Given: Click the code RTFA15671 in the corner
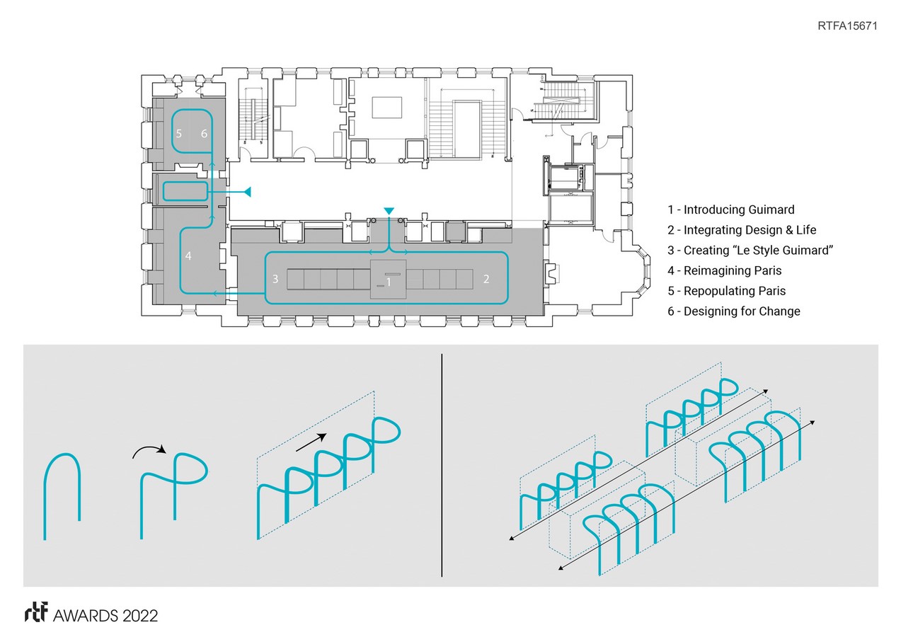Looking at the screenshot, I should pos(847,26).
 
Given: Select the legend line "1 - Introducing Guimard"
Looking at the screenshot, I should pos(730,210).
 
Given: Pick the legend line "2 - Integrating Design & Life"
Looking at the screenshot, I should pos(741,230).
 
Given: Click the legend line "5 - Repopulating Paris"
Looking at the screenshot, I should pos(726,291).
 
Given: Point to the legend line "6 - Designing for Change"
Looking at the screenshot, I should pos(733,311).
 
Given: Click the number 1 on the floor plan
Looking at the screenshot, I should pos(389,282).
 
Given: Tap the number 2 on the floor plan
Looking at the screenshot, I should pos(486,279).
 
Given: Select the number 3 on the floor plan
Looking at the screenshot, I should pos(275,279).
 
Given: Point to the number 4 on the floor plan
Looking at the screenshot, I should pos(188,256).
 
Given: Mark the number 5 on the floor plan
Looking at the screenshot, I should pos(179,133).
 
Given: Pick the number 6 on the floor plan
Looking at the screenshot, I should pos(204,133).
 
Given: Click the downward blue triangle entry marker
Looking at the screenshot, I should pos(388,211).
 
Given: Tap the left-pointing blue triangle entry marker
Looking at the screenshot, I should pos(246,191).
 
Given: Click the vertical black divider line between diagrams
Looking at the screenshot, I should pos(442,465).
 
